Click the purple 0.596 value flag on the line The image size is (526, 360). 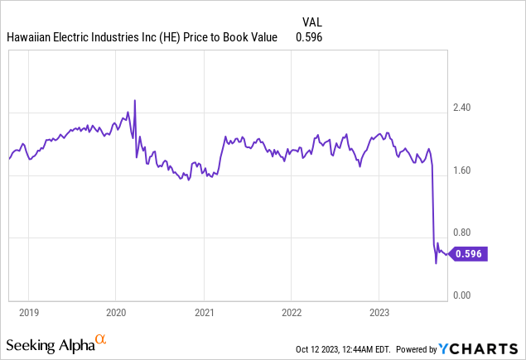(x=471, y=254)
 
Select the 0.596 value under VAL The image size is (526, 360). (x=308, y=37)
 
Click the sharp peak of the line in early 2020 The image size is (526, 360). (x=134, y=100)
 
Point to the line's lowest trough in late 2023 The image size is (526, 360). (x=436, y=263)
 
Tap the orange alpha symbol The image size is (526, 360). (x=101, y=339)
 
